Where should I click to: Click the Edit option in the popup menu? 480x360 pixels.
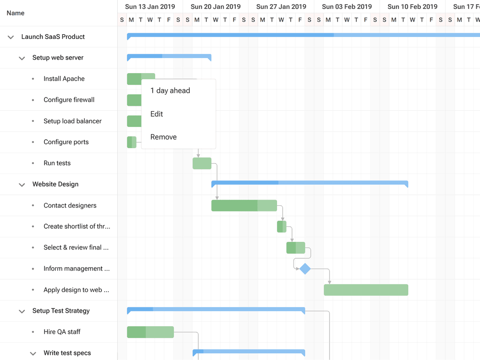pyautogui.click(x=157, y=114)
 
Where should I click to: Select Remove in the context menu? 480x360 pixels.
pyautogui.click(x=164, y=137)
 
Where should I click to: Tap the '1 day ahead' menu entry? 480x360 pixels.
pyautogui.click(x=170, y=91)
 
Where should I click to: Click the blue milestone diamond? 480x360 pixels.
pyautogui.click(x=305, y=269)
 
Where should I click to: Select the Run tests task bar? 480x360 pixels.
pyautogui.click(x=202, y=163)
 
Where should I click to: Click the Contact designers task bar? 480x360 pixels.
pyautogui.click(x=244, y=205)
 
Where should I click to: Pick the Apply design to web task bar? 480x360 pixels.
pyautogui.click(x=366, y=290)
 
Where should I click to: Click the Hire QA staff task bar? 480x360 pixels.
pyautogui.click(x=150, y=332)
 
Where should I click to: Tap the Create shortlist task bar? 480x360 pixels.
pyautogui.click(x=282, y=226)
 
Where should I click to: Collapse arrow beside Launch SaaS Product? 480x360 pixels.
pyautogui.click(x=11, y=37)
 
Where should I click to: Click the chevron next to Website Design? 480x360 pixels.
pyautogui.click(x=22, y=185)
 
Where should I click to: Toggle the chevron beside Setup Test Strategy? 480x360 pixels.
pyautogui.click(x=22, y=311)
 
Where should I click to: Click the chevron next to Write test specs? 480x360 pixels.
pyautogui.click(x=33, y=353)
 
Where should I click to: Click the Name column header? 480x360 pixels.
pyautogui.click(x=15, y=13)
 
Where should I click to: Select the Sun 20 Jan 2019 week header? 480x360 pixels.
pyautogui.click(x=216, y=7)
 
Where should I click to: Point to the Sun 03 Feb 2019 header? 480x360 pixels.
pyautogui.click(x=347, y=7)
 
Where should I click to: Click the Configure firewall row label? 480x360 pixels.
pyautogui.click(x=69, y=100)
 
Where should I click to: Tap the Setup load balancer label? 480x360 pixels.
pyautogui.click(x=73, y=121)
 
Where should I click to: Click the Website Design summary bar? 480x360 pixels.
pyautogui.click(x=309, y=183)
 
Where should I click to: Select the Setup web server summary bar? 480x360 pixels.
pyautogui.click(x=169, y=56)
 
